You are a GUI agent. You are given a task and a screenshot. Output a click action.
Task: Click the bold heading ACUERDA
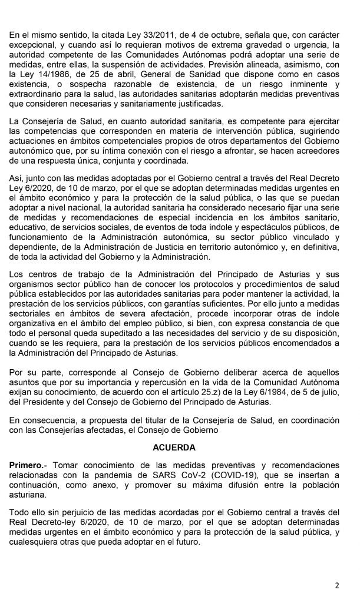click(180, 446)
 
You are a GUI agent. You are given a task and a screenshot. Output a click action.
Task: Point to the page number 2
click(337, 585)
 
